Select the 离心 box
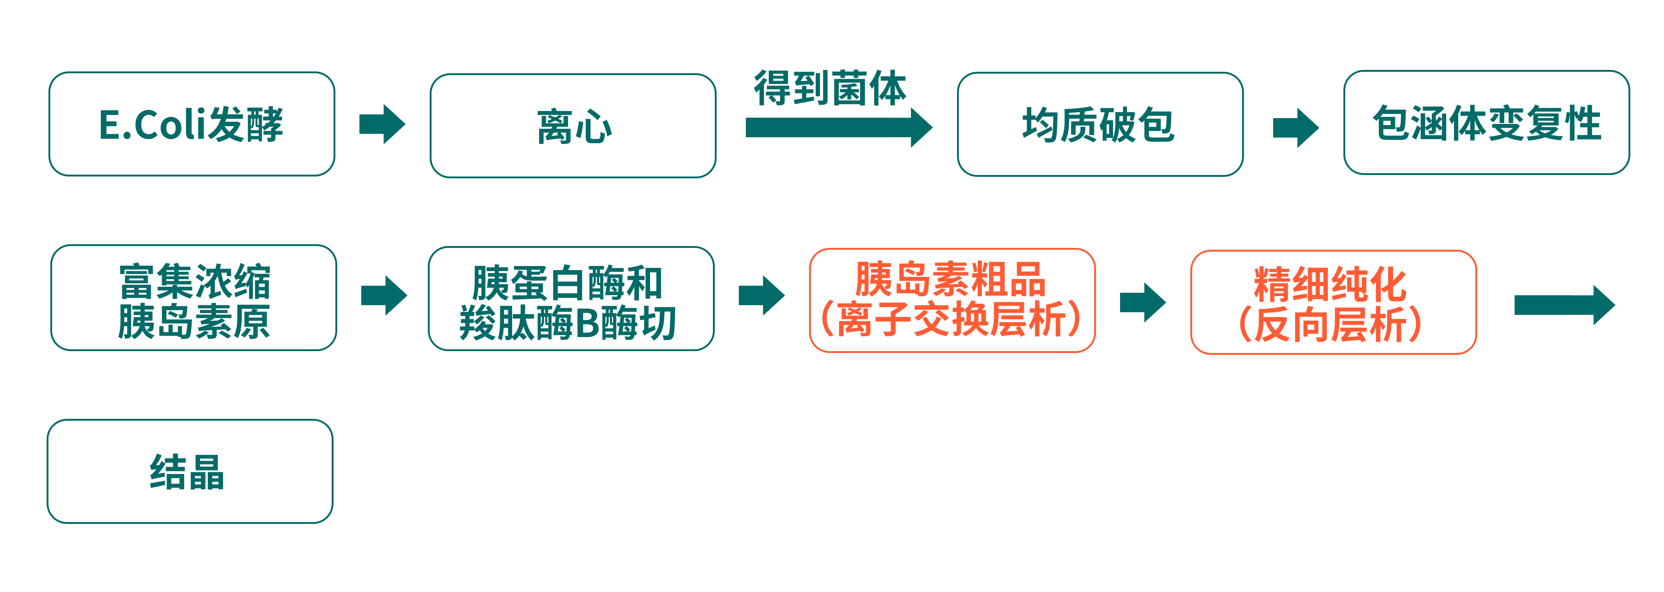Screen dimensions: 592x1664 (572, 126)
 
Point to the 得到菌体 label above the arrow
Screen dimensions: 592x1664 (830, 88)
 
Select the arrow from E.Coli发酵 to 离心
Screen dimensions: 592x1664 (382, 124)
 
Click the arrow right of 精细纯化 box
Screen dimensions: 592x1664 (1563, 305)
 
